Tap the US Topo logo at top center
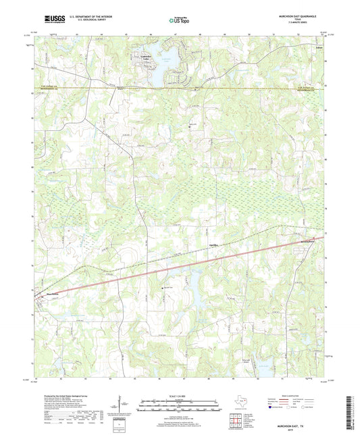[178, 21]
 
